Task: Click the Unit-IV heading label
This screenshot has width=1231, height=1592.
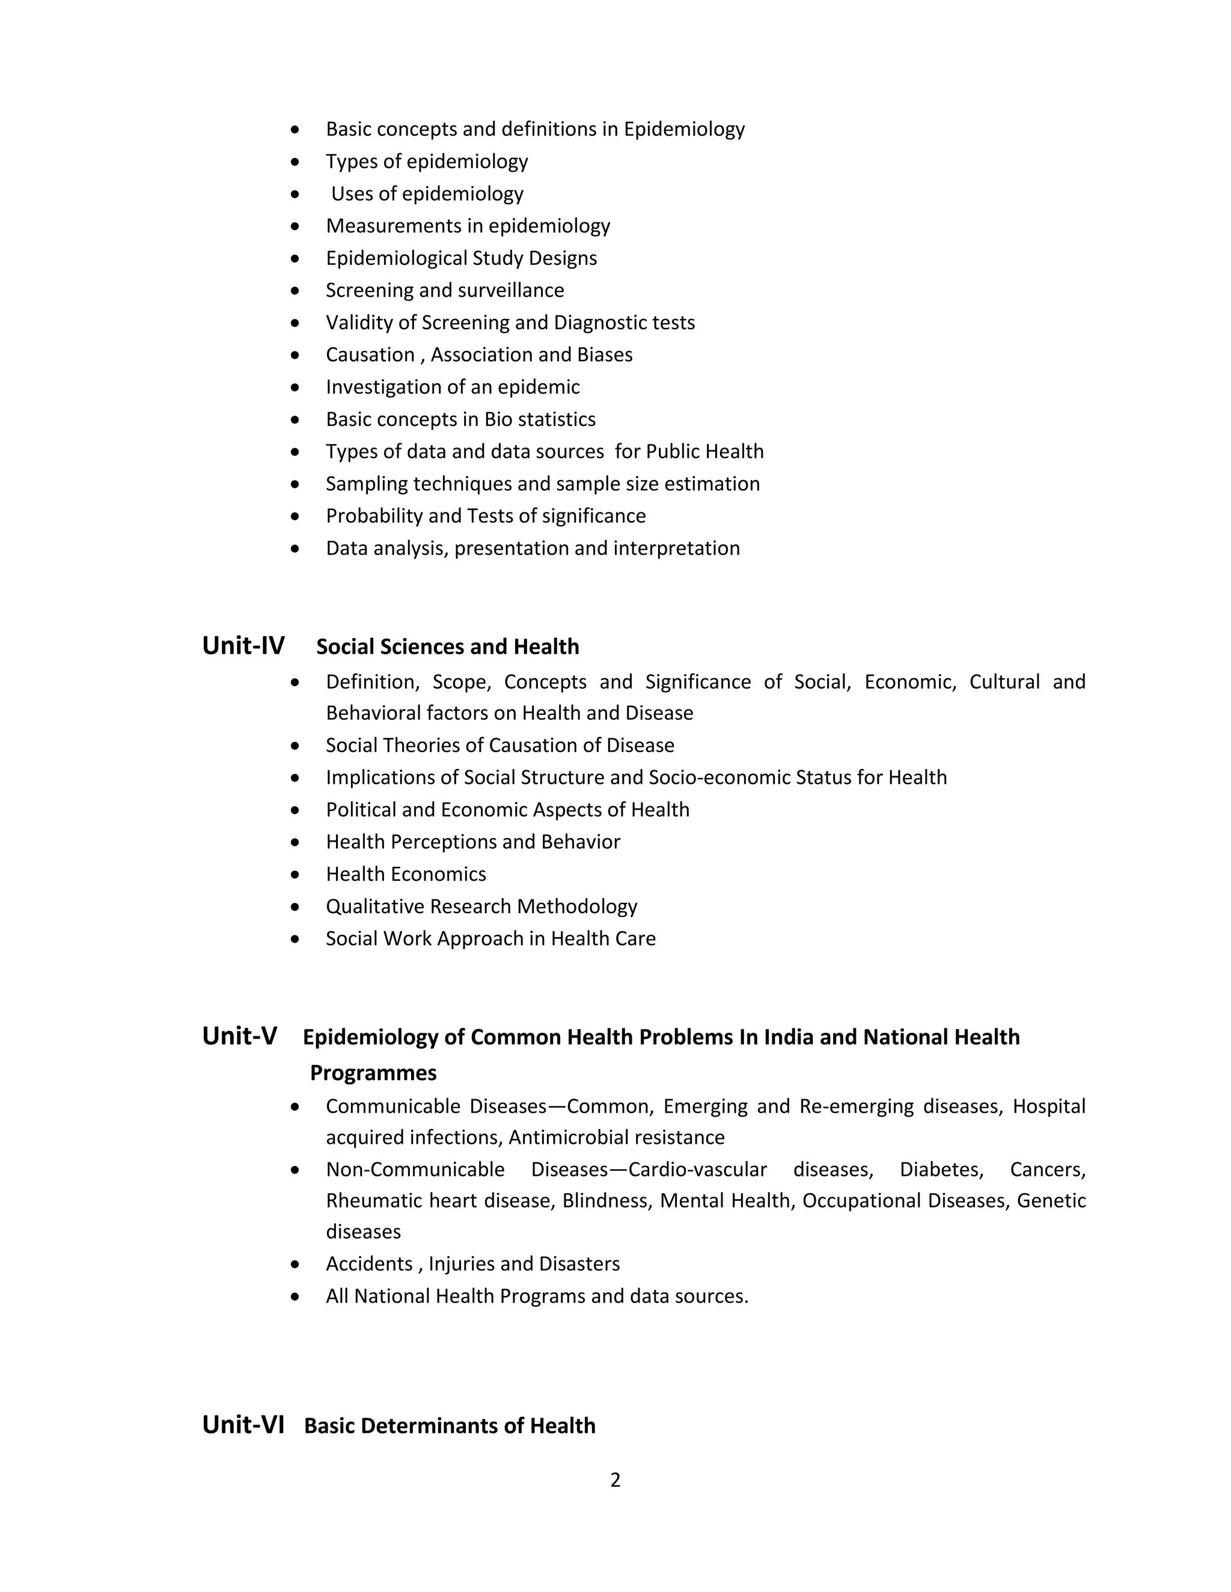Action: [243, 646]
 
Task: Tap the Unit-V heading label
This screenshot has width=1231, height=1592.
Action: [239, 1036]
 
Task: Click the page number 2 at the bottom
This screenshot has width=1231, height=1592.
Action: [615, 1480]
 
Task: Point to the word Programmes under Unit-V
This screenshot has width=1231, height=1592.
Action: [373, 1073]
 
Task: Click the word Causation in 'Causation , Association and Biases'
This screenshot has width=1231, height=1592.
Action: [370, 355]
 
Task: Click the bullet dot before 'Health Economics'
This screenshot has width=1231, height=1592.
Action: [295, 874]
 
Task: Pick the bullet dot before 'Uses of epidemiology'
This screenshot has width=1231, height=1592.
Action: [295, 194]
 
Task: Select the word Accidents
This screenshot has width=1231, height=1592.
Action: [369, 1264]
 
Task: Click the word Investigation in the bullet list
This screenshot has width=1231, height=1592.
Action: [379, 387]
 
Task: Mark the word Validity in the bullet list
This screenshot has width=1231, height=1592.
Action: [359, 323]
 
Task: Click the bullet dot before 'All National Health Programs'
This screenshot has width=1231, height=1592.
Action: [295, 1296]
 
